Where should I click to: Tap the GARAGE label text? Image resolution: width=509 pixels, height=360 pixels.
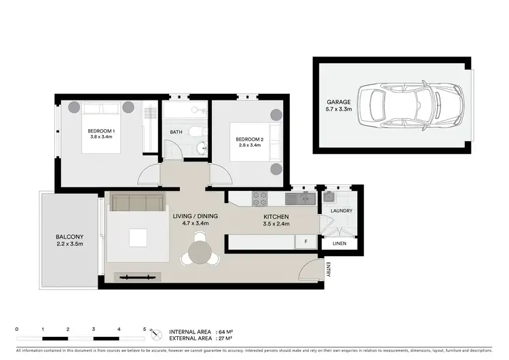339,102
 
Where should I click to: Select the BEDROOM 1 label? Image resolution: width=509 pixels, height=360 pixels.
100,130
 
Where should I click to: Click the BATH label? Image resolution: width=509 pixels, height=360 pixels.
176,132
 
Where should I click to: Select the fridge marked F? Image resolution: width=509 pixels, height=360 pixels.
305,242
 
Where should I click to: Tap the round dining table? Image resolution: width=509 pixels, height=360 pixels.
200,252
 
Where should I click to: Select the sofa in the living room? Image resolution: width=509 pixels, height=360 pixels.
138,202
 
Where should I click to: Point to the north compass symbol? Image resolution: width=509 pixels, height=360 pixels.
157,334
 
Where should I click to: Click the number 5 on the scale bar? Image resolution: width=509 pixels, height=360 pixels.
144,329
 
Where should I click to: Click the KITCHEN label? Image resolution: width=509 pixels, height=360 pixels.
276,216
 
